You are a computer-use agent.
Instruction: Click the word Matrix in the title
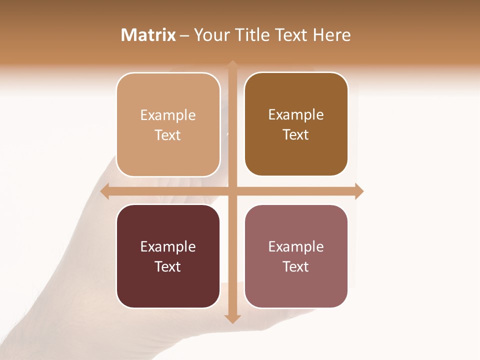point(148,35)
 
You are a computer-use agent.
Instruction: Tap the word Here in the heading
point(332,35)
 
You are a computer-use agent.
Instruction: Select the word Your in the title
point(212,35)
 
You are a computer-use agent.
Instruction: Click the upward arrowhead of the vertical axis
point(232,65)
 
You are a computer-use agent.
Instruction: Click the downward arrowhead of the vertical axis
point(232,318)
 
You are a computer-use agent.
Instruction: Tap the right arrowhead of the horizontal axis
point(359,191)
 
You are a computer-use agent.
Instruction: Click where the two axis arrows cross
point(232,191)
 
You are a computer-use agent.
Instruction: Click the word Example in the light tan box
point(168,115)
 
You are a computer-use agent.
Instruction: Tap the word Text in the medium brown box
point(296,135)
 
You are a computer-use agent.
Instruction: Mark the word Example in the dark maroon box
point(168,247)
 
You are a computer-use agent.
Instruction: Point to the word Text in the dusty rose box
point(296,267)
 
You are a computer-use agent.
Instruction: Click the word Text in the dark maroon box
point(168,267)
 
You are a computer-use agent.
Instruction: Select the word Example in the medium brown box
point(296,115)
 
